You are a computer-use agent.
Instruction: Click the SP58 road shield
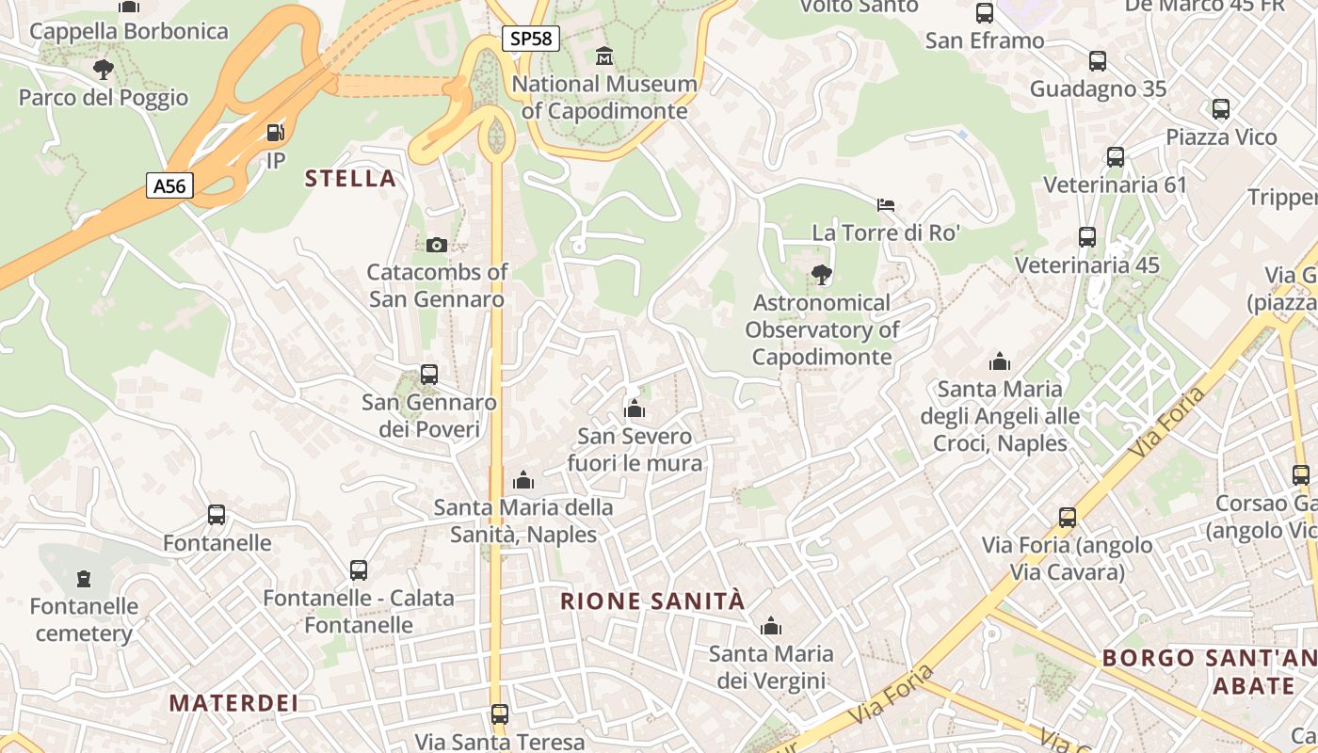point(531,39)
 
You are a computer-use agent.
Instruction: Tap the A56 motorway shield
point(169,185)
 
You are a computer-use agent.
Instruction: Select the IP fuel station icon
point(275,134)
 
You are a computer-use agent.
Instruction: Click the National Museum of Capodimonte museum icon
point(604,56)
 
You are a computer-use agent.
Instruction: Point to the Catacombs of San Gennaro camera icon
point(436,245)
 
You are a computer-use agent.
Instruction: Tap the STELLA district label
point(350,179)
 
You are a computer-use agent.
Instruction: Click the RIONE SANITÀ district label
point(652,601)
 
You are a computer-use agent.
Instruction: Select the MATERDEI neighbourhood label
point(233,703)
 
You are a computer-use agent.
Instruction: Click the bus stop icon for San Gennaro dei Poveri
point(429,374)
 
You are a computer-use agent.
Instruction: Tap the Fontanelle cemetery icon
point(84,578)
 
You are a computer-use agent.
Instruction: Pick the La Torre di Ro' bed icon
point(886,204)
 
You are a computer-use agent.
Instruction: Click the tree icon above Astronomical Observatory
point(821,275)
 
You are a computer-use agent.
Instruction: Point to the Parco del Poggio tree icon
point(103,69)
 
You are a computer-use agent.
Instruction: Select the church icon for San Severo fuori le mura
point(635,409)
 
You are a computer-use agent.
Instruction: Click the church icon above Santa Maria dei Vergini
point(771,626)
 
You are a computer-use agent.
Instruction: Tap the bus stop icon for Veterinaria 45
point(1087,236)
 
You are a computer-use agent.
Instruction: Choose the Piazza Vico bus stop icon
point(1221,109)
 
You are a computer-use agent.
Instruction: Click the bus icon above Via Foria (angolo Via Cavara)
point(1067,517)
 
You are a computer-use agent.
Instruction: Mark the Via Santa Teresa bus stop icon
point(500,713)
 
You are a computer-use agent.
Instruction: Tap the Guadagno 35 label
point(1098,89)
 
